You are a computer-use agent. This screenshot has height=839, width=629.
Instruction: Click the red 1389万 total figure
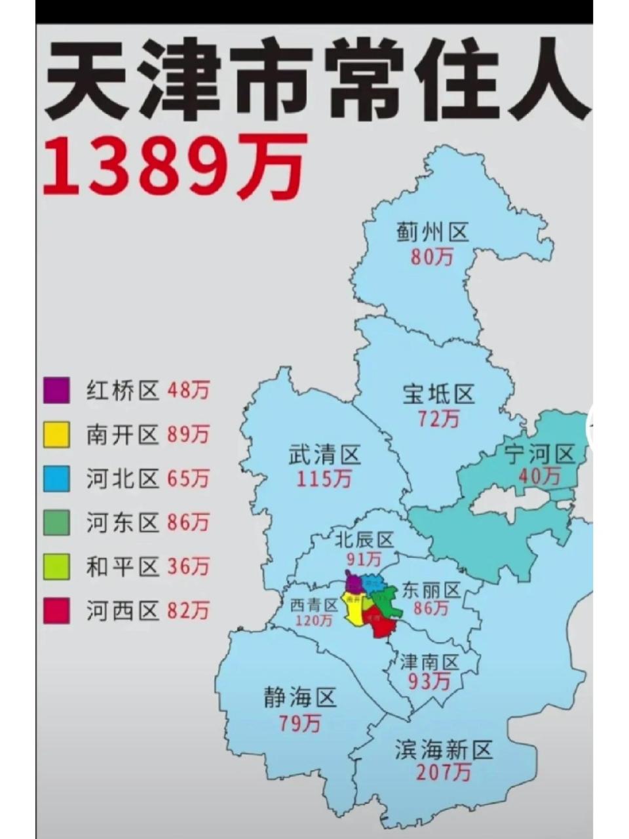pos(174,166)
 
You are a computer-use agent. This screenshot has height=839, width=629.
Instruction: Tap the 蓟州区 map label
pos(432,233)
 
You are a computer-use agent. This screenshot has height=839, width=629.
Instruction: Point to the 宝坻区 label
pos(438,395)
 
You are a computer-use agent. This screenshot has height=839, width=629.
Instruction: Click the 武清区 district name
pos(325,455)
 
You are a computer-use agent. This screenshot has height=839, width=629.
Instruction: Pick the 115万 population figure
pos(324,478)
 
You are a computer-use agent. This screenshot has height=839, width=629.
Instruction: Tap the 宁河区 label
pos(540,453)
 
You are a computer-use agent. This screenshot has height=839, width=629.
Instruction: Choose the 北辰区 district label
pos(364,539)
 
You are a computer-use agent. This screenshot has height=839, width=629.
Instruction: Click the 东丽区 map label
pos(432,590)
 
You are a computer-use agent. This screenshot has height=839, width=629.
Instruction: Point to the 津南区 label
pos(430,661)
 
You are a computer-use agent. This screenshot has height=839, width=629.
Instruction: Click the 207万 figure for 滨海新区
pos(444,773)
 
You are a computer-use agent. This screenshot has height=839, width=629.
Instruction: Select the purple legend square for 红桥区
pos(56,391)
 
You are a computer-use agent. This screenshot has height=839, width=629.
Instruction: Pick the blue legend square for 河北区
pos(56,479)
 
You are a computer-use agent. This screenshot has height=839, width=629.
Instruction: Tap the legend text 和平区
pos(123,567)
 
